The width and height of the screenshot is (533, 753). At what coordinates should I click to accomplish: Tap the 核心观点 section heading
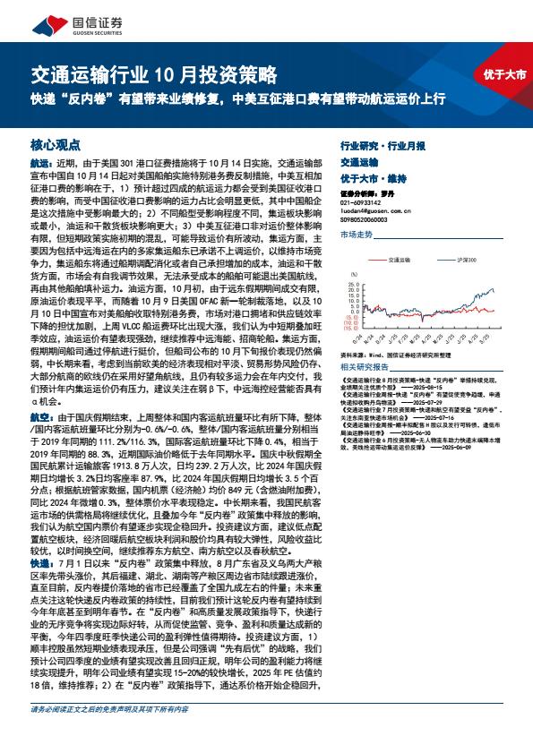(x=56, y=143)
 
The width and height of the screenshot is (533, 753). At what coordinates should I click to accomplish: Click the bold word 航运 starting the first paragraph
(x=40, y=164)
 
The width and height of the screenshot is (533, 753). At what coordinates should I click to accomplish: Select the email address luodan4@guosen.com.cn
(x=377, y=210)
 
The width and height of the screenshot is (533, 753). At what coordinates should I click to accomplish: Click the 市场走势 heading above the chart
(x=356, y=234)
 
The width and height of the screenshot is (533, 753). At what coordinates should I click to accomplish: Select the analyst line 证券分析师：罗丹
(x=368, y=193)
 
